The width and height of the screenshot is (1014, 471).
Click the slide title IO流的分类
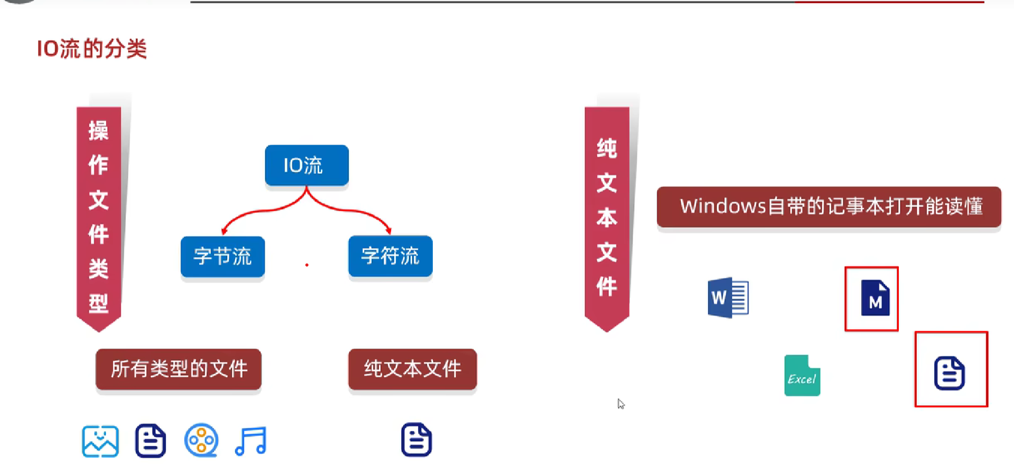pyautogui.click(x=92, y=49)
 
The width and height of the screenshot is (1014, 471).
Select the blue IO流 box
pyautogui.click(x=306, y=165)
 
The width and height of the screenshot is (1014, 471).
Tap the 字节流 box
pyautogui.click(x=222, y=256)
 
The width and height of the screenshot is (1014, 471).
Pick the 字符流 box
pyautogui.click(x=390, y=256)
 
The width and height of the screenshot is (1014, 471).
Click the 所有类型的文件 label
pyautogui.click(x=178, y=369)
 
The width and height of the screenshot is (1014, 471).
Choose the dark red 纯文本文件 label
pyautogui.click(x=412, y=369)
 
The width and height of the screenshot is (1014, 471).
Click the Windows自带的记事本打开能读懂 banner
pyautogui.click(x=829, y=207)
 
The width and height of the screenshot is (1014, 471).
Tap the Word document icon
pyautogui.click(x=728, y=298)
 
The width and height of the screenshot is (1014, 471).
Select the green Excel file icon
pyautogui.click(x=802, y=376)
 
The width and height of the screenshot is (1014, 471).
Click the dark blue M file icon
pyautogui.click(x=875, y=298)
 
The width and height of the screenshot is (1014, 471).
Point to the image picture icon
pyautogui.click(x=100, y=441)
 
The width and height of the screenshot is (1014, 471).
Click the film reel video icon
pyautogui.click(x=201, y=440)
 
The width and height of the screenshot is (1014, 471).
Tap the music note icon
pyautogui.click(x=251, y=441)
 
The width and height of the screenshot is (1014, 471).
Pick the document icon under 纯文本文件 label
pyautogui.click(x=416, y=440)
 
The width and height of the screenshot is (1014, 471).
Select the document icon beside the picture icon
pyautogui.click(x=151, y=441)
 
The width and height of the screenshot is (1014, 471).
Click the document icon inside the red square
pyautogui.click(x=949, y=373)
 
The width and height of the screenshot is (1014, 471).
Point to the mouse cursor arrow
pyautogui.click(x=620, y=403)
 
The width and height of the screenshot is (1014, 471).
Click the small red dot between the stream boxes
pyautogui.click(x=307, y=265)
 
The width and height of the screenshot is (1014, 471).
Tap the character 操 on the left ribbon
pyautogui.click(x=99, y=131)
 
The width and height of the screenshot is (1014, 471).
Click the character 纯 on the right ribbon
pyautogui.click(x=607, y=148)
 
